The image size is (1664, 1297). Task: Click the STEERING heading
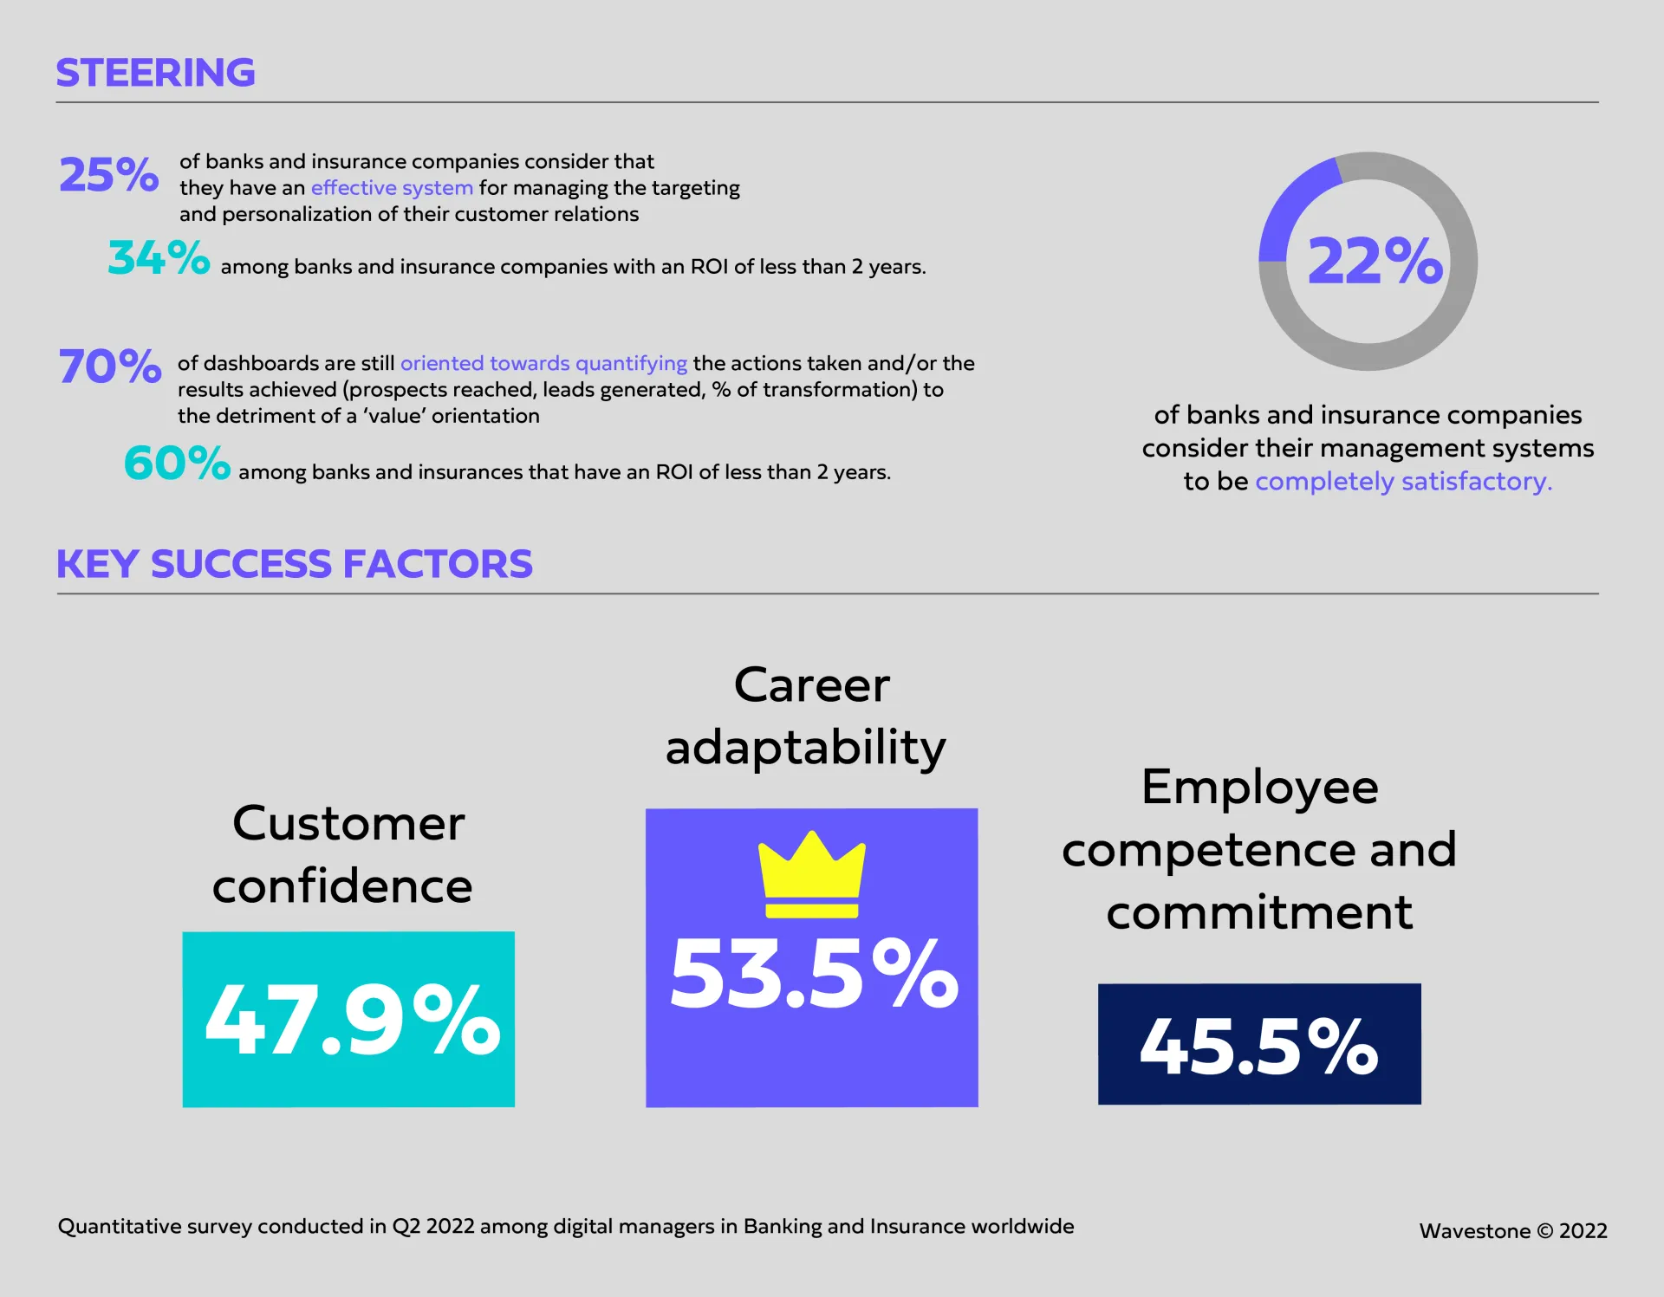(x=155, y=73)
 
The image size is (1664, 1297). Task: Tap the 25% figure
(x=108, y=174)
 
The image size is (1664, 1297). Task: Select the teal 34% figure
(x=159, y=257)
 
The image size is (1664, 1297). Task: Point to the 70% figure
(x=109, y=366)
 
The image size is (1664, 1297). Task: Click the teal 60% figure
(x=177, y=463)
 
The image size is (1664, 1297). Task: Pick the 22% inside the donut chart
(x=1375, y=261)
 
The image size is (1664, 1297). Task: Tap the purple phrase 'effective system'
(x=392, y=188)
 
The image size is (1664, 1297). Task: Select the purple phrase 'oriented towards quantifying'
(x=543, y=363)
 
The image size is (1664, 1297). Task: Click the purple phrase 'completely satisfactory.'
(x=1403, y=481)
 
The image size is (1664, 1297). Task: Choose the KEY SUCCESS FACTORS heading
(x=294, y=564)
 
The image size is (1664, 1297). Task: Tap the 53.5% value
(x=814, y=975)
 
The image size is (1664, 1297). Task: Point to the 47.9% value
(x=352, y=1020)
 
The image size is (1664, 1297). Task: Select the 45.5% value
(x=1258, y=1046)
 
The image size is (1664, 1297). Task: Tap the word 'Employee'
(x=1259, y=787)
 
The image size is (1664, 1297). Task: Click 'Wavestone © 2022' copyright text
(x=1512, y=1231)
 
